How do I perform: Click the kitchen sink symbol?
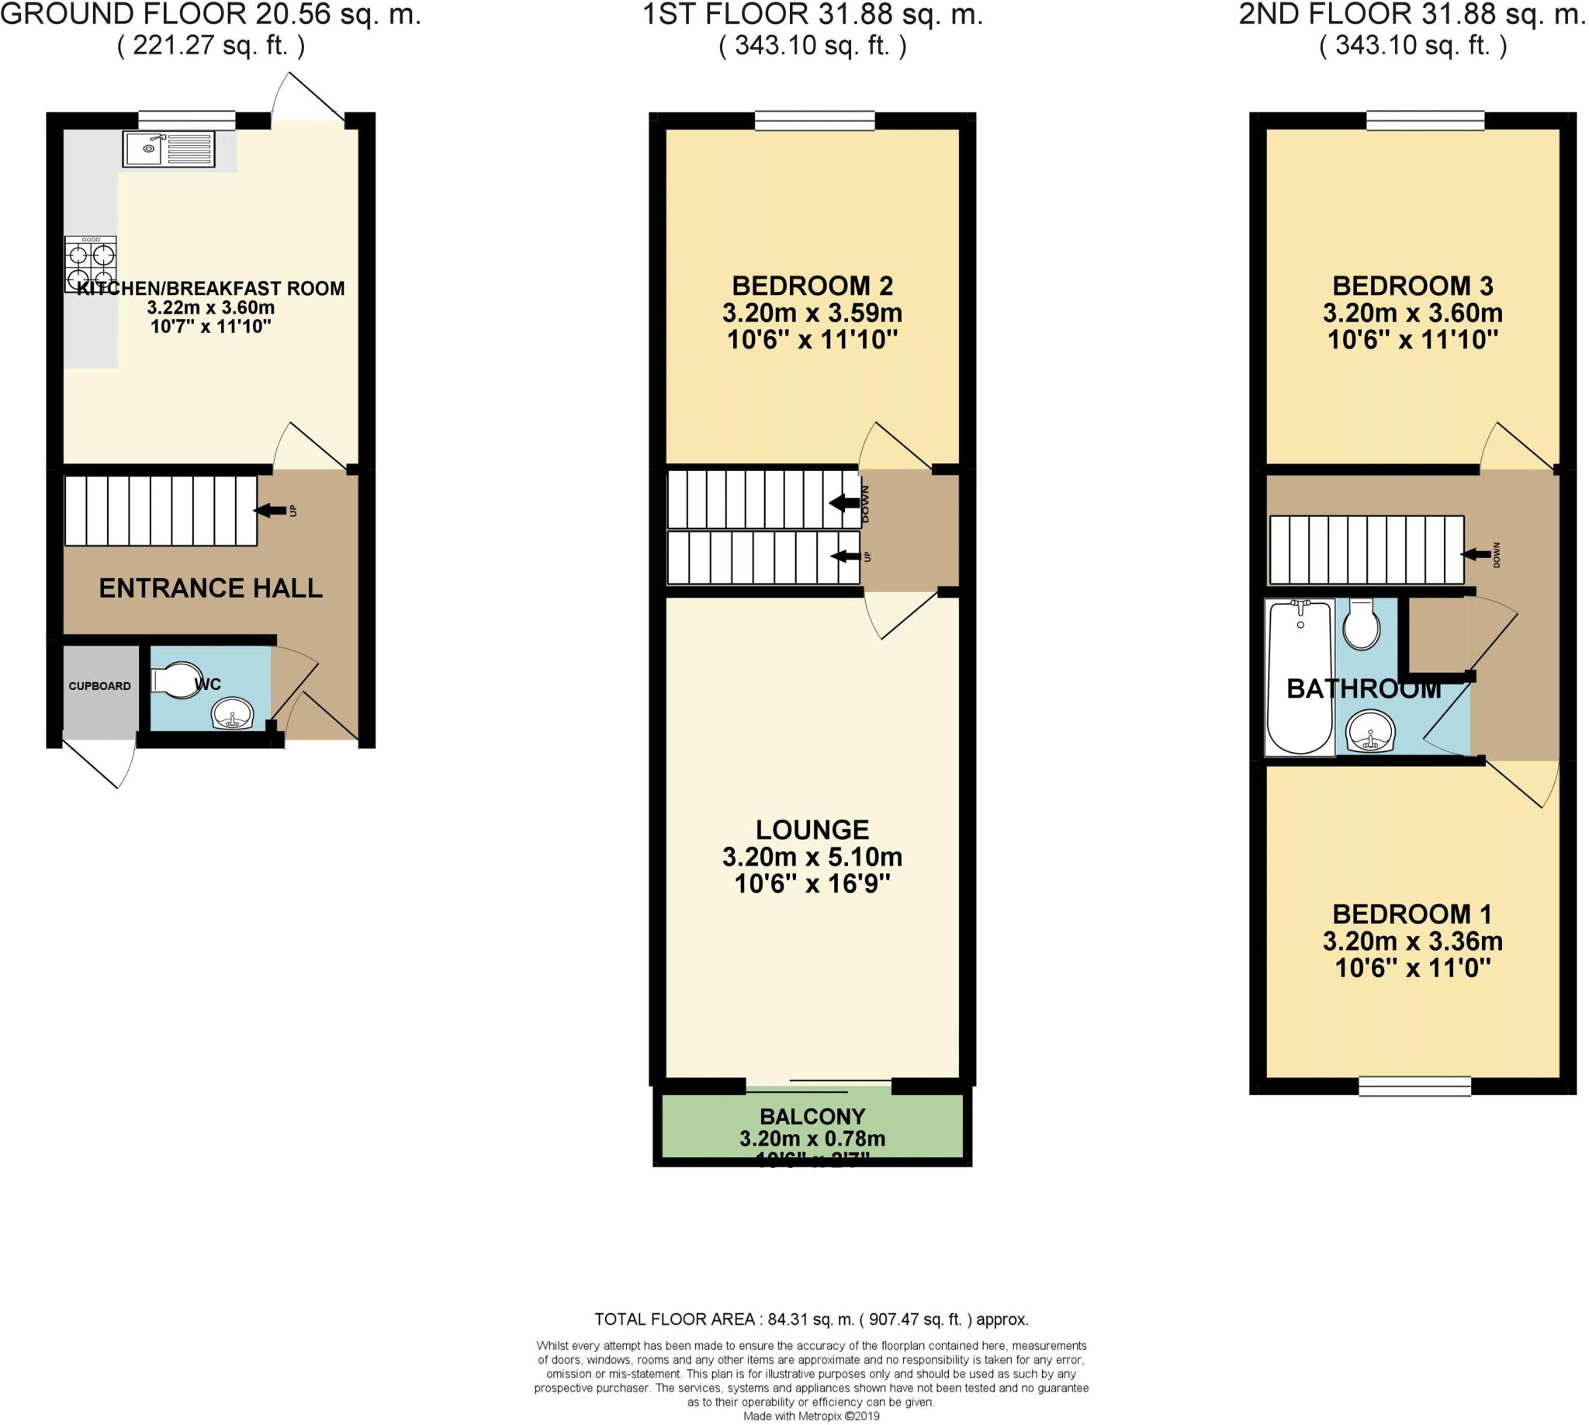click(x=168, y=149)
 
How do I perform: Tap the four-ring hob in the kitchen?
click(x=91, y=265)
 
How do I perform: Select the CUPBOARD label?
click(x=99, y=686)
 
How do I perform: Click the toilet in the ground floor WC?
click(x=177, y=681)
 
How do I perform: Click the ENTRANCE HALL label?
click(x=210, y=588)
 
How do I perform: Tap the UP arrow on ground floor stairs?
click(x=270, y=511)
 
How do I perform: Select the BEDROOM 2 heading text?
click(x=812, y=286)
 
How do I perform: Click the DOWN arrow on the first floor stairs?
click(x=845, y=503)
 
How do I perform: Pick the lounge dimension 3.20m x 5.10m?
click(x=812, y=857)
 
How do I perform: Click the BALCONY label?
click(x=812, y=1117)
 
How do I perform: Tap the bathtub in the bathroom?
click(x=1300, y=678)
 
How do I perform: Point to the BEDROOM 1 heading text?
click(x=1412, y=914)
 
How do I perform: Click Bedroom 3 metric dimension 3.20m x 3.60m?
click(x=1412, y=314)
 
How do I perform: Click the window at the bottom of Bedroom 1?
click(x=1414, y=1086)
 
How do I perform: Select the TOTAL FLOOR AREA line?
click(x=811, y=1319)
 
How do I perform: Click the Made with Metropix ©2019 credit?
click(x=811, y=1416)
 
